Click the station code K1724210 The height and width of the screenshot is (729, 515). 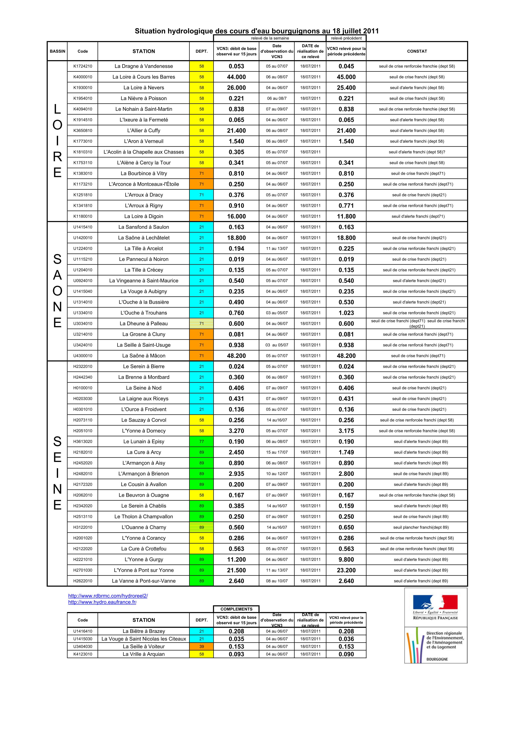coord(83,66)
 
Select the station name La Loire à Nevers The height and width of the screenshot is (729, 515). coord(144,88)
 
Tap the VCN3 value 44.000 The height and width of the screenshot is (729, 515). coord(236,77)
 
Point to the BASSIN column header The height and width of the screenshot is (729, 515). coord(57,51)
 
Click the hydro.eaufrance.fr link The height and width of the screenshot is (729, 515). coord(102,602)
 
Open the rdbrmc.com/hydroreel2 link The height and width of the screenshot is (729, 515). coord(108,596)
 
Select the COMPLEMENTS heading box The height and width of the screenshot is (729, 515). coord(236,609)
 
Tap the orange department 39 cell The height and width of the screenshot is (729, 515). coord(201,646)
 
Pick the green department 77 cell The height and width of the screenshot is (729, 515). coord(201,441)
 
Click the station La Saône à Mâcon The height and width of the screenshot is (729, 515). coord(144,356)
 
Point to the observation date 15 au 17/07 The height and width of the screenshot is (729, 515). coord(277,452)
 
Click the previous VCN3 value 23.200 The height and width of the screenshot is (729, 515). coord(346,570)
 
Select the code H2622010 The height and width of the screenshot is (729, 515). coord(83,581)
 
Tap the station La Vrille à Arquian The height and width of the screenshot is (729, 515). coord(144,654)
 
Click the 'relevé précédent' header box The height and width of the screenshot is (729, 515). coord(346,38)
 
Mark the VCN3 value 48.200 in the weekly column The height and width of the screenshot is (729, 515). coord(236,356)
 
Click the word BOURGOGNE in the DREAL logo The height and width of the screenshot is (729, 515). coord(437,659)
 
